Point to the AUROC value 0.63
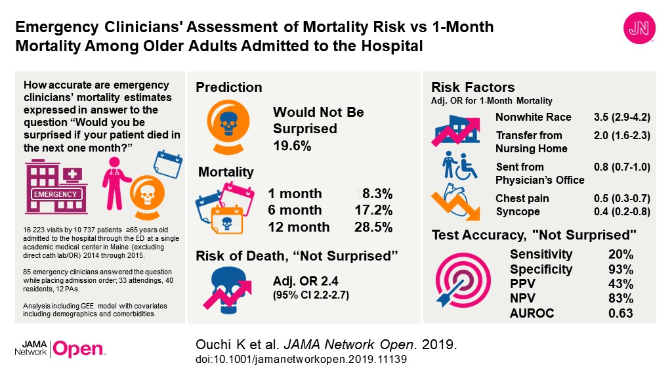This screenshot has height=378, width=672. pyautogui.click(x=621, y=314)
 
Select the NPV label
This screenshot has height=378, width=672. pyautogui.click(x=523, y=299)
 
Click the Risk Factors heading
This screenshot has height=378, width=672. pyautogui.click(x=472, y=87)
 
